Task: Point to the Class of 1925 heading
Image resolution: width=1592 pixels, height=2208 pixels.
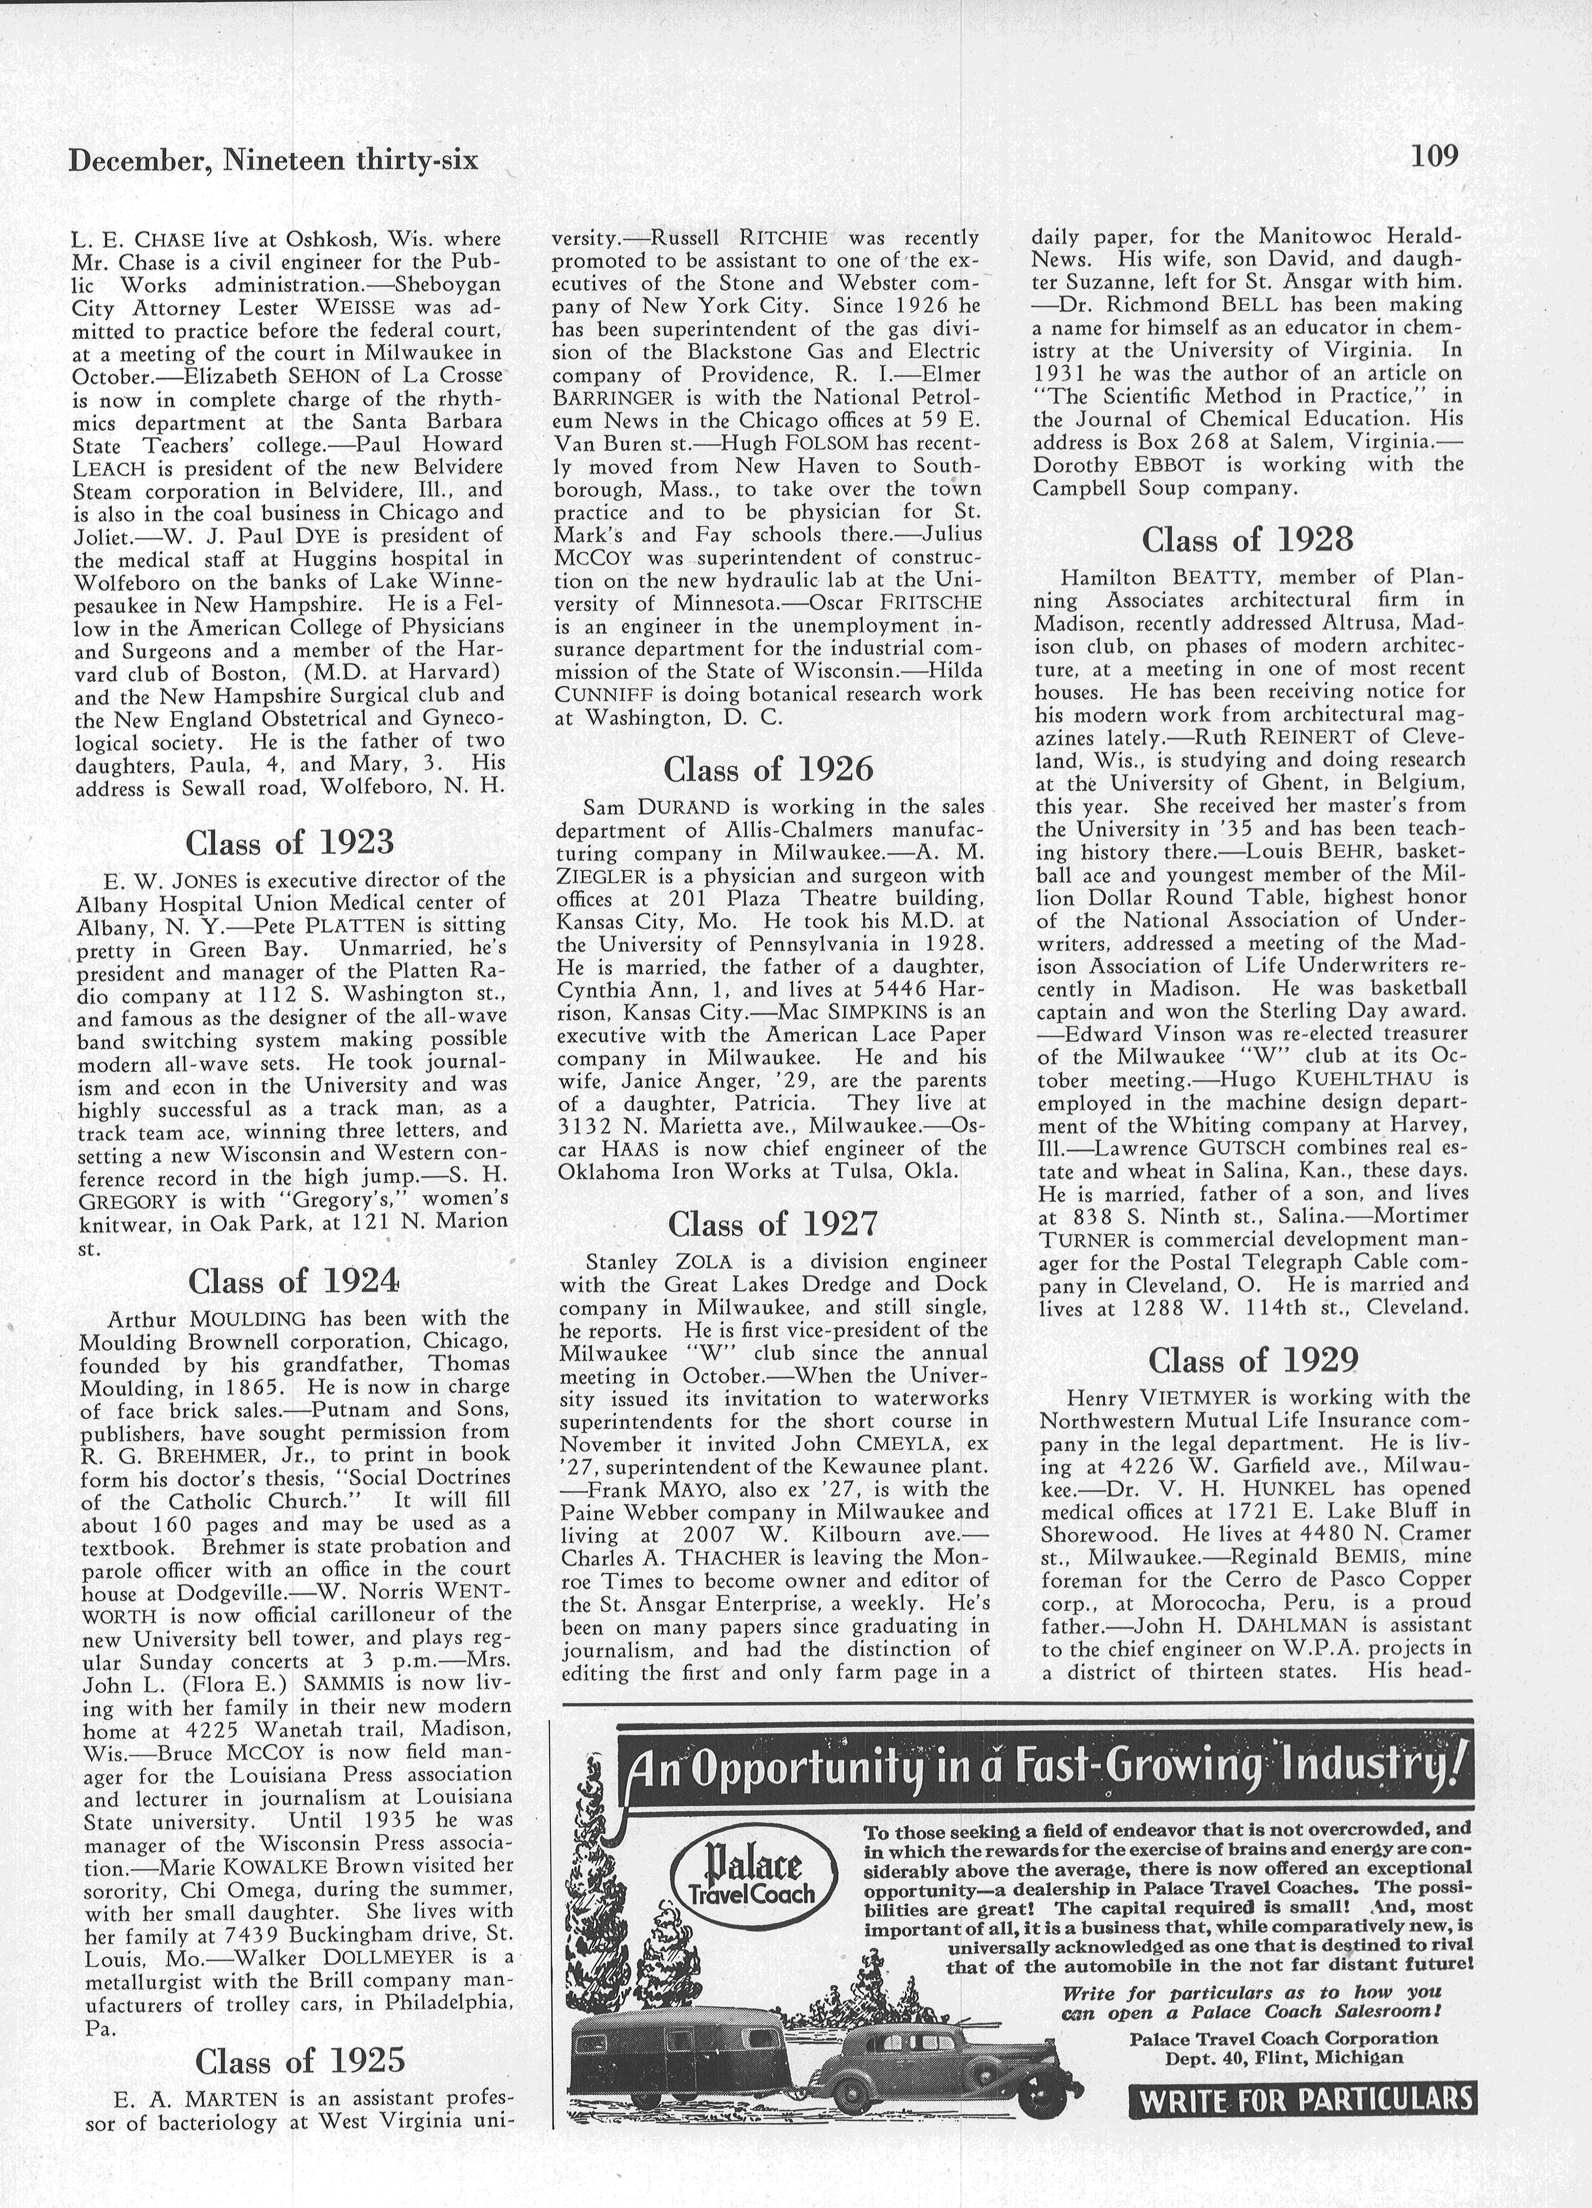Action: tap(299, 2060)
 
